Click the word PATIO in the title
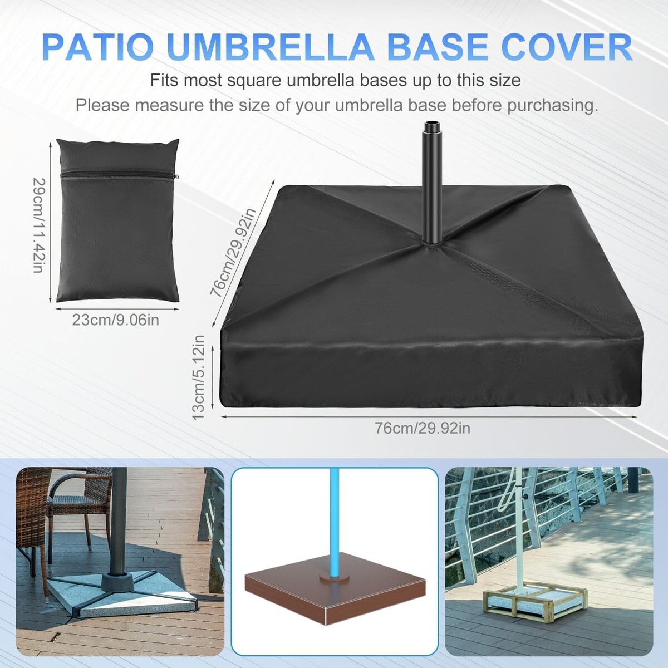coord(100,47)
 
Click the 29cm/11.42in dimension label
coord(38,225)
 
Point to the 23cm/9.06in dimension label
coord(116,320)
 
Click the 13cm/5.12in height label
coord(199,377)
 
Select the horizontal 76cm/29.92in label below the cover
coord(423,429)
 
